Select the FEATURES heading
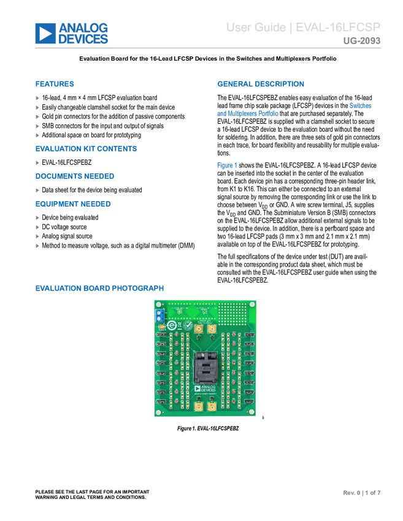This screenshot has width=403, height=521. (x=55, y=84)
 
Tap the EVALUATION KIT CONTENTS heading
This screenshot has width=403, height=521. (x=86, y=149)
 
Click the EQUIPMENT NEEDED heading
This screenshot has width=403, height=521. (x=74, y=204)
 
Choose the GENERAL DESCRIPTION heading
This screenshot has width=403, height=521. (x=261, y=84)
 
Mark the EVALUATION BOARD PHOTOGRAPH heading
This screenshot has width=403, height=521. (x=99, y=288)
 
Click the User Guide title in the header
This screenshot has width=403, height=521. (x=304, y=28)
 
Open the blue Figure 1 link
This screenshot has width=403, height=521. (x=227, y=165)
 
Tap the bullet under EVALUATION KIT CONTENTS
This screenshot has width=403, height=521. (x=38, y=163)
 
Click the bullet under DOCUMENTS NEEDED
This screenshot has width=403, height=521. (x=38, y=191)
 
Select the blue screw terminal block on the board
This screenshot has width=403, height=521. (x=159, y=316)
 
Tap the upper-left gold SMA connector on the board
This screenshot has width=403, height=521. (x=199, y=329)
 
